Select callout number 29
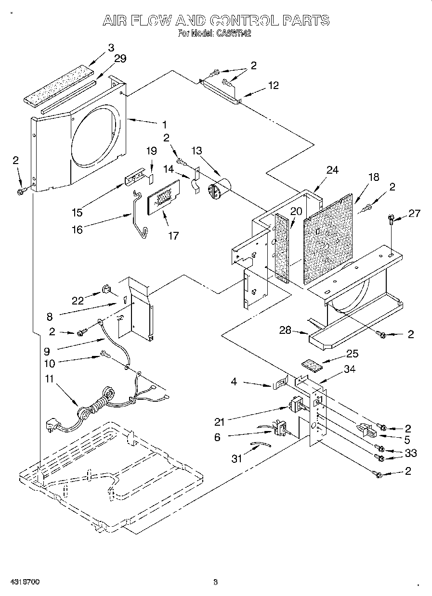[120, 59]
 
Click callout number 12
[273, 86]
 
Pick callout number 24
[332, 170]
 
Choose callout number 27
[414, 214]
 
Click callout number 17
[173, 235]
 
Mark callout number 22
[78, 301]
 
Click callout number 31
[236, 458]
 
